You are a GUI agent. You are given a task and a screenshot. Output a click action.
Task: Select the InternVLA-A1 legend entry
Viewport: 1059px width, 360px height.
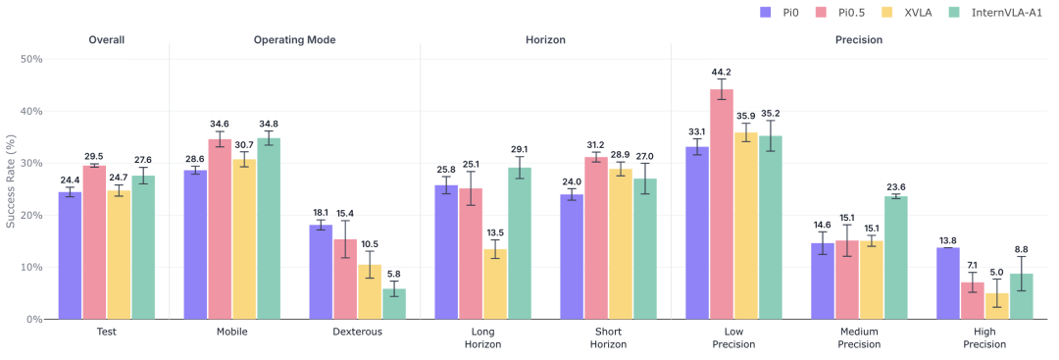[x=1003, y=11]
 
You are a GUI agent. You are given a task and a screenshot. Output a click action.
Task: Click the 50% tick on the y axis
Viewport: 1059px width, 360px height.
[x=32, y=60]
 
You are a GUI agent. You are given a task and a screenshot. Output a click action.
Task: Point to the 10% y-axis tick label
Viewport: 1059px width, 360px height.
[x=32, y=268]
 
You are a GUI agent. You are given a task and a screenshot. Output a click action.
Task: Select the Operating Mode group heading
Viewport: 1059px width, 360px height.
[x=294, y=40]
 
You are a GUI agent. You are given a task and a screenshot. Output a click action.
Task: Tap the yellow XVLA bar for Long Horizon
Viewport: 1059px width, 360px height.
[x=495, y=283]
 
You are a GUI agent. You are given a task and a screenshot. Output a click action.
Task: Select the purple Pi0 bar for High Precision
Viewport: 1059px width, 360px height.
[x=947, y=283]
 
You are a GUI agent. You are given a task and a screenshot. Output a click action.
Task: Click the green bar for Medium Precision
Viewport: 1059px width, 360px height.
[x=895, y=257]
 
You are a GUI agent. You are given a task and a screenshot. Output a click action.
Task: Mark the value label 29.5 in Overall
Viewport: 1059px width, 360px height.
[x=94, y=156]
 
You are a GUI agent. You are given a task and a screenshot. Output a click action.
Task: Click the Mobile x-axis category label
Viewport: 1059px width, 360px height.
[x=231, y=333]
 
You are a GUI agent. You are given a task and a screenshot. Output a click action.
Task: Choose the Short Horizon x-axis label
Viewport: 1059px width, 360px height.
[x=609, y=338]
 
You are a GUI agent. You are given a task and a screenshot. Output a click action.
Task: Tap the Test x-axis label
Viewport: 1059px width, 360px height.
[x=107, y=333]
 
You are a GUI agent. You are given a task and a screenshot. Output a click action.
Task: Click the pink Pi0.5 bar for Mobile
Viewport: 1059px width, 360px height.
[x=220, y=229]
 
